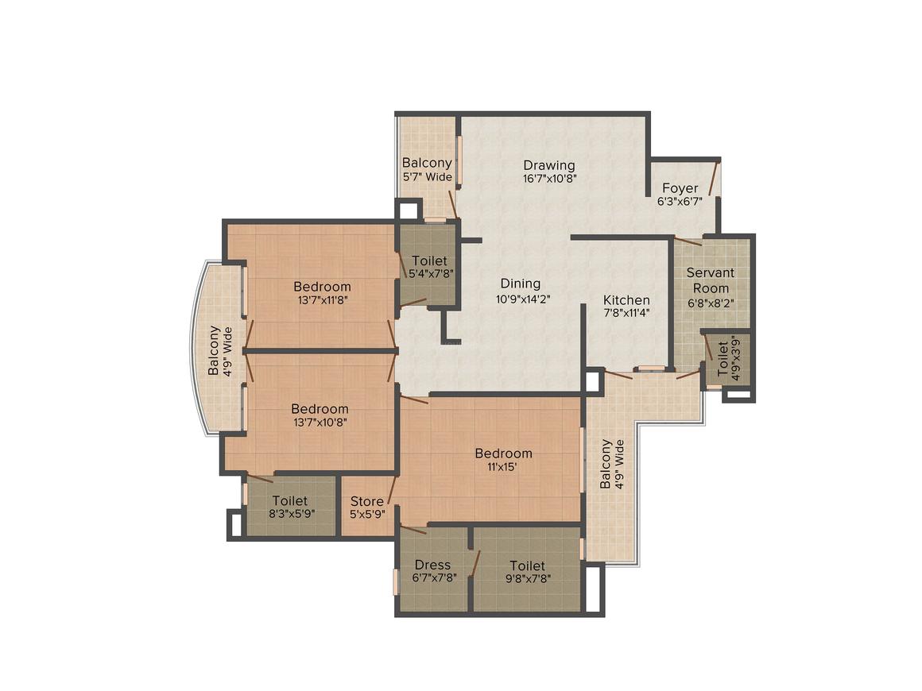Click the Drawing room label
(549, 165)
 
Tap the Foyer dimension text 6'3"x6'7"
(680, 202)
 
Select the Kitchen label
(626, 300)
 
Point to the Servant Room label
(711, 280)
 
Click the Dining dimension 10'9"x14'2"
(521, 299)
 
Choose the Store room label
(366, 501)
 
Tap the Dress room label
(432, 565)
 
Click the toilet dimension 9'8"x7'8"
(527, 578)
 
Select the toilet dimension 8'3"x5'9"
(289, 514)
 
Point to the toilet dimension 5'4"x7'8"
(429, 274)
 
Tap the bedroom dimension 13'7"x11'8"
(322, 300)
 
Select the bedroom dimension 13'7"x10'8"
(319, 423)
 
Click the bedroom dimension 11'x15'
(503, 467)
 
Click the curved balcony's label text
(221, 350)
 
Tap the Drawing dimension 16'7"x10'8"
(549, 179)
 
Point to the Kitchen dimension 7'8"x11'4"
(626, 313)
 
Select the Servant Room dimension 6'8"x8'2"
(711, 303)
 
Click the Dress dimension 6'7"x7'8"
(434, 578)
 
